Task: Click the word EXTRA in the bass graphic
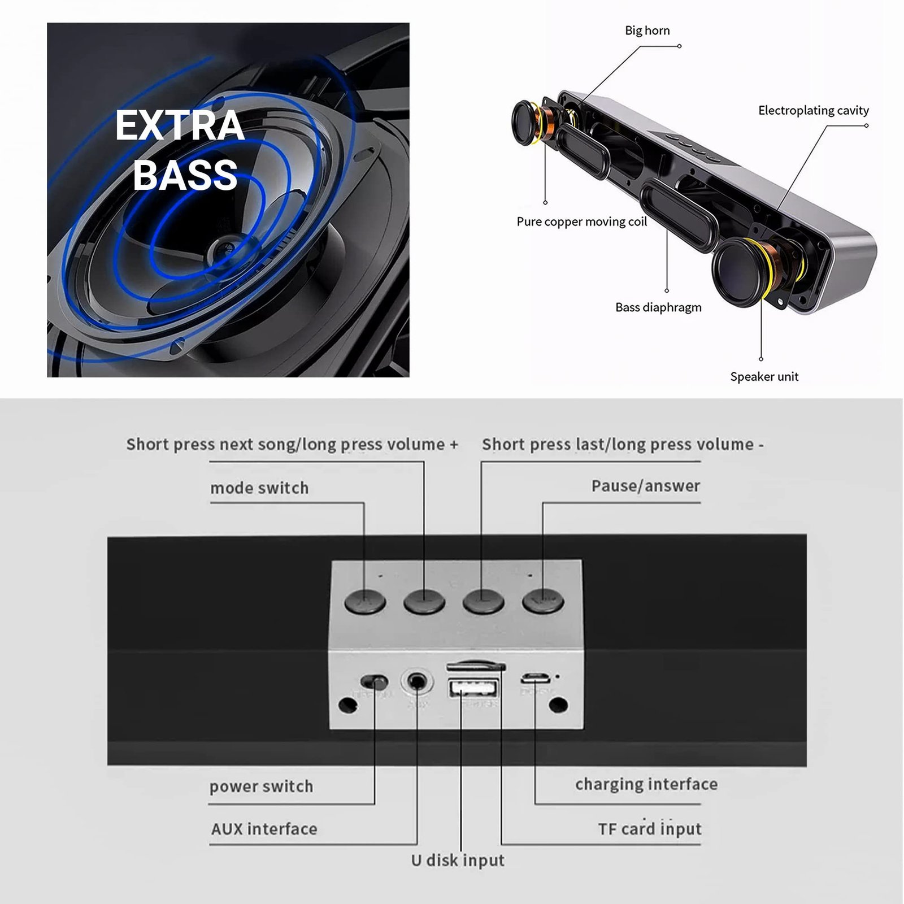click(x=180, y=125)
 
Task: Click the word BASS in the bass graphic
click(x=185, y=175)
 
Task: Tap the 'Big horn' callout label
click(x=647, y=31)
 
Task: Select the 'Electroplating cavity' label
click(x=813, y=111)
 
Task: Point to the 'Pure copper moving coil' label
click(x=581, y=221)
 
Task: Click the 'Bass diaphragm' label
click(x=658, y=307)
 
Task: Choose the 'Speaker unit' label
click(x=764, y=377)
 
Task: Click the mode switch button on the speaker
click(x=365, y=602)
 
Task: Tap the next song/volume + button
click(x=424, y=602)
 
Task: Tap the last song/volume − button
click(x=483, y=602)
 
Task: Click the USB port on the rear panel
click(x=473, y=689)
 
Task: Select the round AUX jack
click(x=417, y=682)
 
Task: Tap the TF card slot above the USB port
click(x=475, y=667)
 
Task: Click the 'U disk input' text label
click(x=458, y=860)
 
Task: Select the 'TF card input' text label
click(x=650, y=829)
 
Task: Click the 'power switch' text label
click(x=261, y=786)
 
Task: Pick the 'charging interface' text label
click(x=646, y=784)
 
